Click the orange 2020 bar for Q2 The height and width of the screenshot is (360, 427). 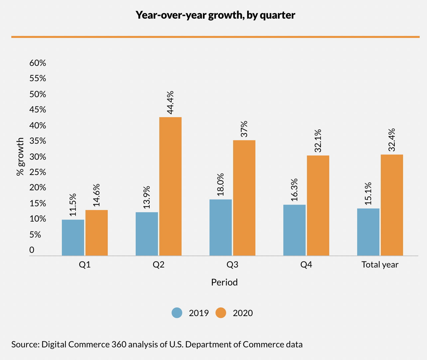coord(170,186)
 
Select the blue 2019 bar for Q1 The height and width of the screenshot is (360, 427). coord(73,238)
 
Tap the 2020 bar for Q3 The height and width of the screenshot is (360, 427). coord(244,198)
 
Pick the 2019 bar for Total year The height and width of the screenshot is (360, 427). coord(368,232)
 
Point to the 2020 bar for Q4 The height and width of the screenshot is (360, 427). coord(318,206)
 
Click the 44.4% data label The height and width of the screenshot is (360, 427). coord(170,102)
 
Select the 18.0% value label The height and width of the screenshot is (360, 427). coord(220,184)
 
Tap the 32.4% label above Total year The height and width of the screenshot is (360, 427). coord(392,140)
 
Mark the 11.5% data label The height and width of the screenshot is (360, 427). coord(73,205)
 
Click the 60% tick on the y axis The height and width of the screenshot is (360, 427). coord(38,63)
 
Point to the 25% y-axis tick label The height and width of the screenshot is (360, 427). coord(38,172)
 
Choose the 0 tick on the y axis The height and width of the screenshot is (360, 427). coord(32,250)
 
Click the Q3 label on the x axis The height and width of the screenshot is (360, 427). coord(232,265)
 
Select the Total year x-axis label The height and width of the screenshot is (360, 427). coord(380,265)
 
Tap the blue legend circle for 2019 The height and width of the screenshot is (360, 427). coord(177,313)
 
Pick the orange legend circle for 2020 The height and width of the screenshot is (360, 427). coord(221,313)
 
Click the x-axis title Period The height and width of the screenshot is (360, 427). coord(224,282)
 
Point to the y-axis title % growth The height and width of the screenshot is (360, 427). coord(21,156)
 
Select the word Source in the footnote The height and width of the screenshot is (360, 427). coord(25,344)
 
